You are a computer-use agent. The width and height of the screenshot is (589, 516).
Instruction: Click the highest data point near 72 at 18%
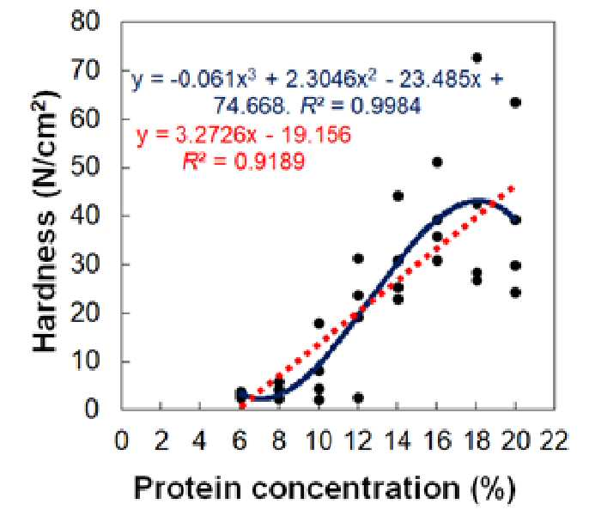click(477, 58)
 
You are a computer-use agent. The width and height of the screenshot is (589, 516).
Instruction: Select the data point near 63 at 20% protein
click(516, 102)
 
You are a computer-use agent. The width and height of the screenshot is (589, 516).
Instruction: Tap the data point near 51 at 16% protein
click(437, 162)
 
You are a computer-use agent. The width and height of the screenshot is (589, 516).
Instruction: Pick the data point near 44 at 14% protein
click(398, 196)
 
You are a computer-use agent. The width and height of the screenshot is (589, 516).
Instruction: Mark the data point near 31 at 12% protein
click(358, 258)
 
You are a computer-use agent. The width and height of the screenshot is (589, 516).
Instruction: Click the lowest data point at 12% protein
click(358, 398)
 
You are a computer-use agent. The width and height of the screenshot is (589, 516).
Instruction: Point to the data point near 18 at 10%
click(319, 324)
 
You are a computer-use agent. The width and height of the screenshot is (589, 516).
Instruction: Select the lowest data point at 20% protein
click(516, 292)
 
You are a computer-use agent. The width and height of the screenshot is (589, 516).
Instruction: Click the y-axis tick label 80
click(85, 21)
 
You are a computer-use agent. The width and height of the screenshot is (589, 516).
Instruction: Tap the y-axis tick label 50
click(85, 167)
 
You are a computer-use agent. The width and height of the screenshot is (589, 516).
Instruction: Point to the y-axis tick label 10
click(86, 361)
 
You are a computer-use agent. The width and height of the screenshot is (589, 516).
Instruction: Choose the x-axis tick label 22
click(554, 440)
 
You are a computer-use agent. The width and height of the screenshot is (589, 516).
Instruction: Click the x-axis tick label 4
click(199, 440)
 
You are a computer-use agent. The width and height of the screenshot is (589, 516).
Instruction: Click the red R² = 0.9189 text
click(244, 162)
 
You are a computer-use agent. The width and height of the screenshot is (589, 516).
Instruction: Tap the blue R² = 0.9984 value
click(361, 106)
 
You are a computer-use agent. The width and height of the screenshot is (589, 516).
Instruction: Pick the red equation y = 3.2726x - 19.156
click(244, 135)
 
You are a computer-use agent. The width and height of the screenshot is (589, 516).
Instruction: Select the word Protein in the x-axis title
click(187, 489)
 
